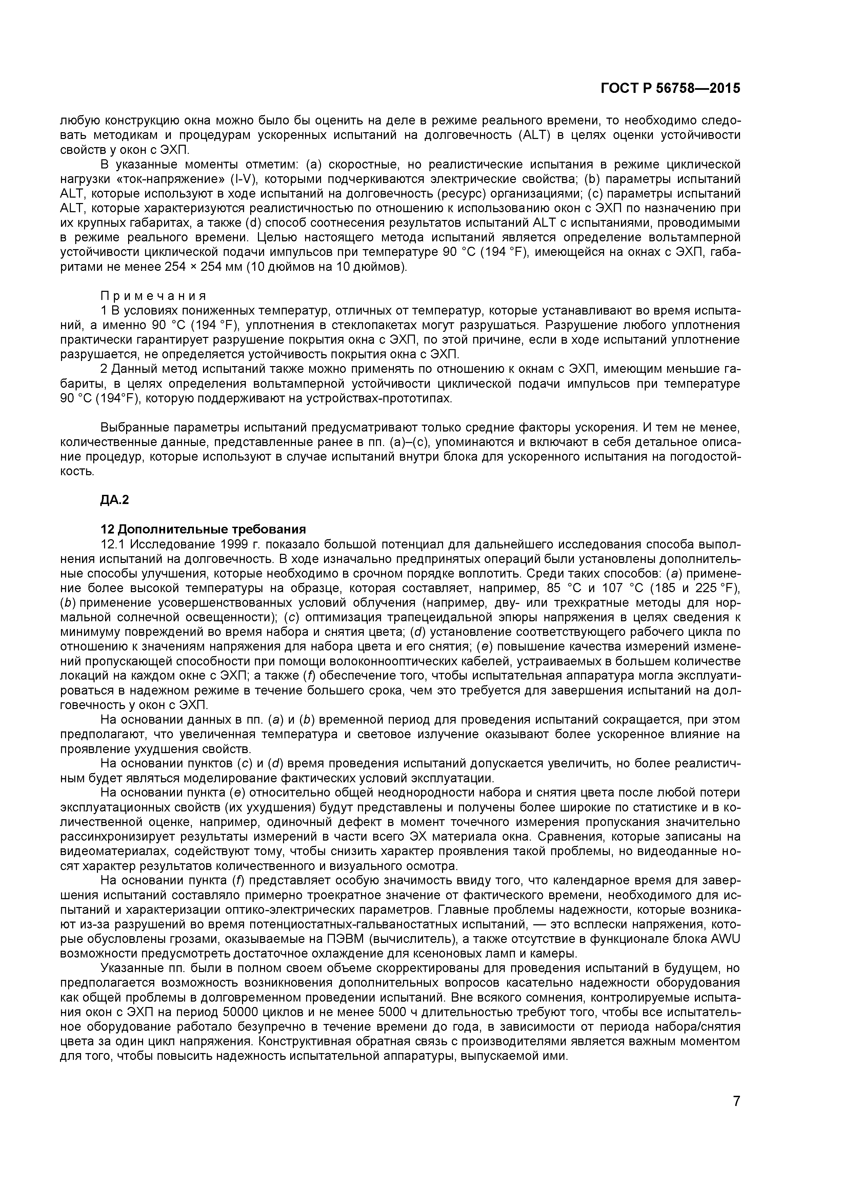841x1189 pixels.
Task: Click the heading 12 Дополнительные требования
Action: (203, 529)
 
